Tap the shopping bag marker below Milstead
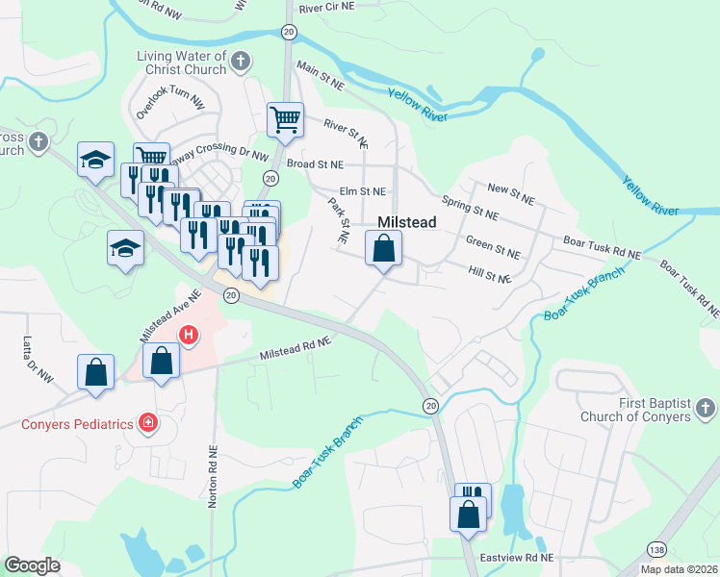click(383, 249)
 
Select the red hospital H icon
click(190, 335)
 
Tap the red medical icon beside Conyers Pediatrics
click(147, 422)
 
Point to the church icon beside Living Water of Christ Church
click(242, 63)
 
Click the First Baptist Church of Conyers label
click(635, 410)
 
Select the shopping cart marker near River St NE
click(285, 119)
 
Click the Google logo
click(32, 565)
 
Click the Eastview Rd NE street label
click(520, 558)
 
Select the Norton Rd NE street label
click(212, 475)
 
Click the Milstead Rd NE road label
click(296, 349)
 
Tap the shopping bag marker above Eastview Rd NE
click(468, 514)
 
